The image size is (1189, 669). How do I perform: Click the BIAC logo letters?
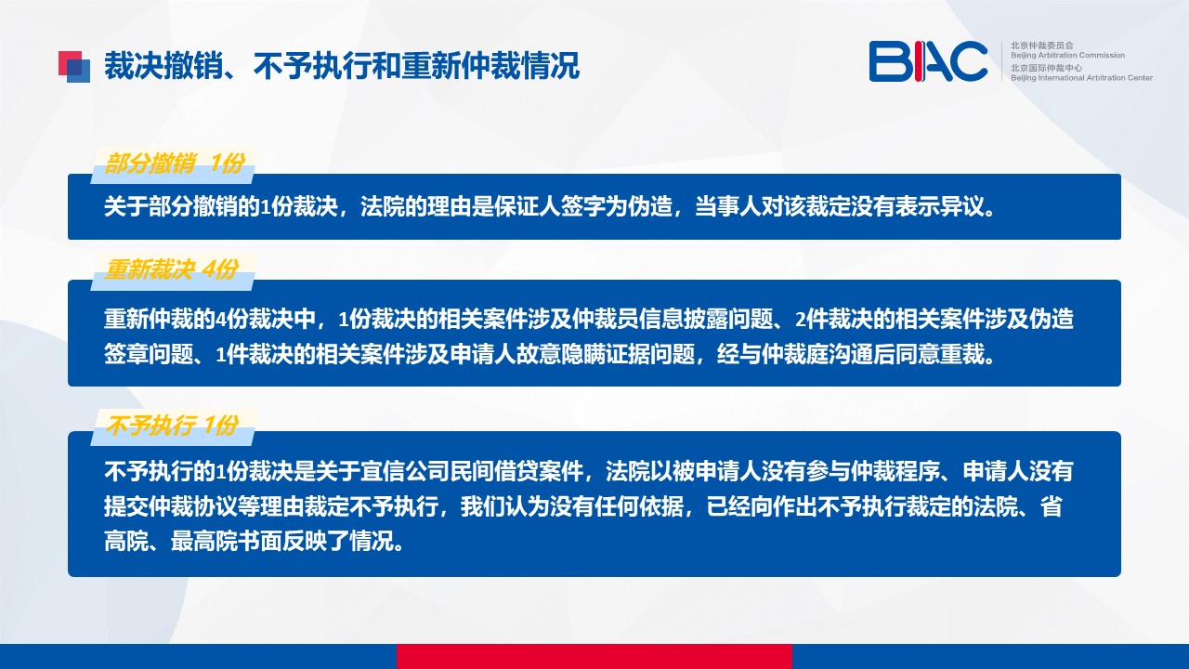point(928,61)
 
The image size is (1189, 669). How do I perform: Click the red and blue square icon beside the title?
point(74,67)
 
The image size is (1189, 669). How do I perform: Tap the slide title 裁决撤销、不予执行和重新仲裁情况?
point(341,66)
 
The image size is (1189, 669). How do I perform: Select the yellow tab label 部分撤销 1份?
point(174,163)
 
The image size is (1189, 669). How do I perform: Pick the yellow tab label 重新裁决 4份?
point(171,269)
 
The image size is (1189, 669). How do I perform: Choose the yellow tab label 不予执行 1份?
point(171,426)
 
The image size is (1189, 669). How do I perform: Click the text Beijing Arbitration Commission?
point(1067,55)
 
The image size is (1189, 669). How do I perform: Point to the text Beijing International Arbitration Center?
point(1081,77)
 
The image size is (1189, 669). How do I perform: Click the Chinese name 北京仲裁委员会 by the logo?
point(1042,46)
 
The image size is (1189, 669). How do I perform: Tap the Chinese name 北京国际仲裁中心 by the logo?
point(1046,68)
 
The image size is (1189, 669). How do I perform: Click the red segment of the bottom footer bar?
point(594,656)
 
